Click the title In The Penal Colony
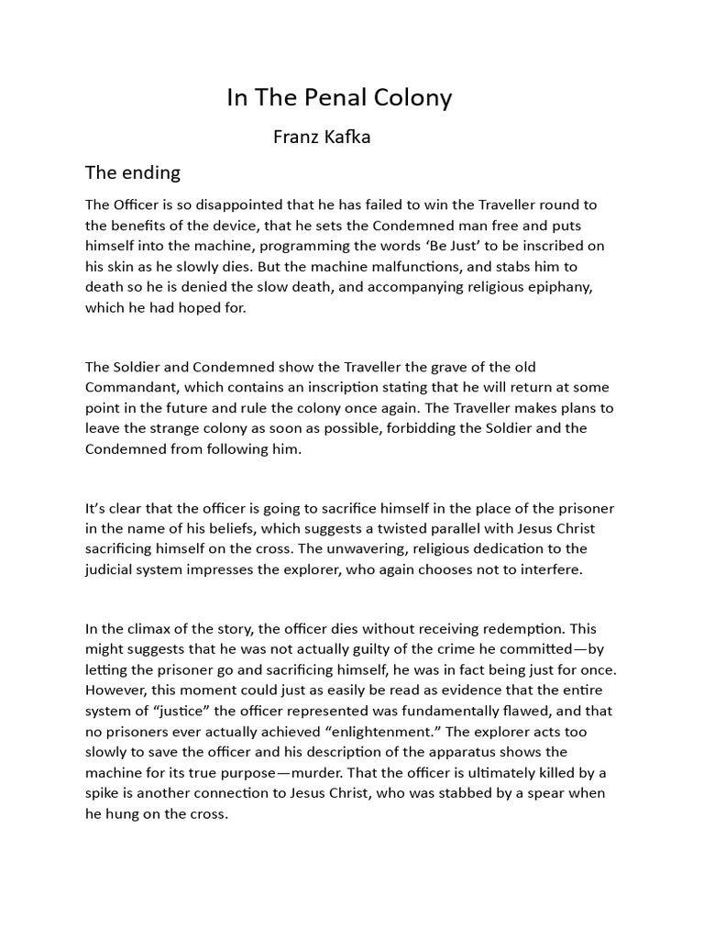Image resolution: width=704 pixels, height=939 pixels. [339, 98]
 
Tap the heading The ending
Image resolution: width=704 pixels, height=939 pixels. [133, 172]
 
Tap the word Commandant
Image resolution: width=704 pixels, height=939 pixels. [134, 388]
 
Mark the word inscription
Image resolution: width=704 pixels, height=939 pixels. [342, 388]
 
